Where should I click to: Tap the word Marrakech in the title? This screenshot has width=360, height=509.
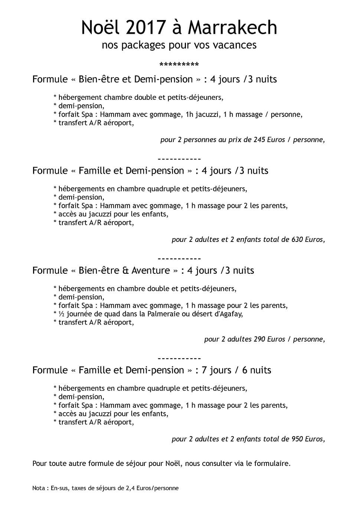(232, 28)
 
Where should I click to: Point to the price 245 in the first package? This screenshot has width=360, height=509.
(260, 140)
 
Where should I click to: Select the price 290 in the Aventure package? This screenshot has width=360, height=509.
(259, 339)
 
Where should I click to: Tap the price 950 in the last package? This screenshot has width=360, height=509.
(297, 439)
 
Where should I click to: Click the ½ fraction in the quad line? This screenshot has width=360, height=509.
(61, 314)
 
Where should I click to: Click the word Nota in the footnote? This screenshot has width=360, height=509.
(39, 488)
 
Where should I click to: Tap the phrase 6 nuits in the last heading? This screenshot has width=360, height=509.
(256, 370)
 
